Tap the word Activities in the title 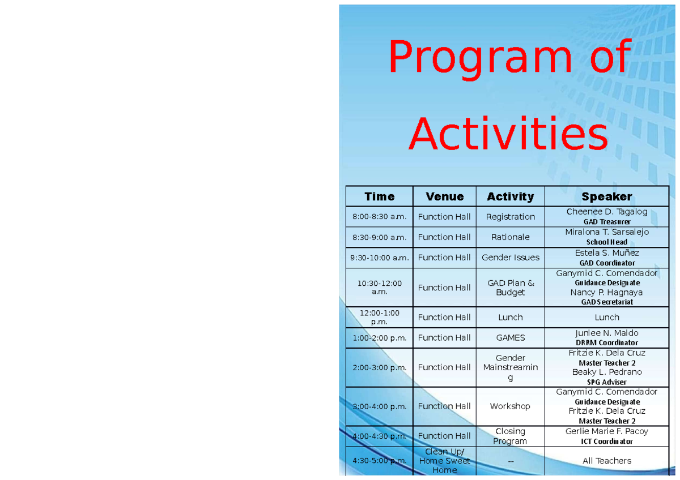click(x=508, y=135)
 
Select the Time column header click(x=379, y=196)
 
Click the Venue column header click(x=444, y=196)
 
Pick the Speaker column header click(x=606, y=196)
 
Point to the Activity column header click(x=510, y=196)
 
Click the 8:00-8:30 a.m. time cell click(x=379, y=217)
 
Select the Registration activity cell click(x=510, y=217)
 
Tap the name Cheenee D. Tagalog click(x=606, y=212)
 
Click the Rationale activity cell click(x=510, y=237)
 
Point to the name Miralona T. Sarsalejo click(x=606, y=232)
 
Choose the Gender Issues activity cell click(x=510, y=258)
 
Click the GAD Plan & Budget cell click(x=510, y=288)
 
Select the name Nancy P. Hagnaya click(x=606, y=293)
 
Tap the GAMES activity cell click(x=510, y=338)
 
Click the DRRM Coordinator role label click(x=606, y=342)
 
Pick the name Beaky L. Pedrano click(x=606, y=372)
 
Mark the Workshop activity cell click(x=510, y=406)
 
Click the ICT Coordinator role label click(x=606, y=441)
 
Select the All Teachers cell click(x=606, y=461)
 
